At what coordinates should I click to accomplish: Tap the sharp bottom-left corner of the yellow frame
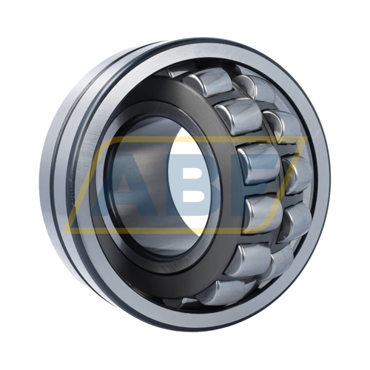point(64,232)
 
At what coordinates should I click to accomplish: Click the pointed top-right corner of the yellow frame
point(306,137)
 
